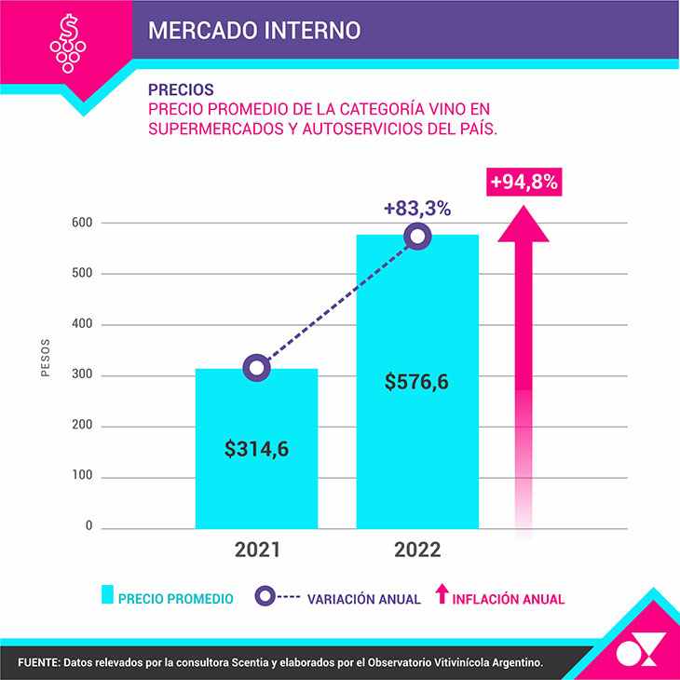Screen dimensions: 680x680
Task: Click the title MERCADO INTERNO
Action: coord(253,29)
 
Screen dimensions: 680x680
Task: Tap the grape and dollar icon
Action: coord(68,42)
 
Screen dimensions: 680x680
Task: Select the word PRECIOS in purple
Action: coord(181,90)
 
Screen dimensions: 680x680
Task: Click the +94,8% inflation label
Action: coord(524,183)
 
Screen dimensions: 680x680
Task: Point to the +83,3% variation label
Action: coord(416,210)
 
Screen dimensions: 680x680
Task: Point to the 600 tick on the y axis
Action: coord(82,223)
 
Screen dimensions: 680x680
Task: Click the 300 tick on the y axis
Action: coord(82,375)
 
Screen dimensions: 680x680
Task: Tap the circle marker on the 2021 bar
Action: coord(257,368)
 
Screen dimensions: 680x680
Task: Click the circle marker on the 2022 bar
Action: coord(417,237)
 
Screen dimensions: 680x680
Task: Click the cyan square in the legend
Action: coord(107,596)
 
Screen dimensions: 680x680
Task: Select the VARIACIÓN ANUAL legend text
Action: coord(364,599)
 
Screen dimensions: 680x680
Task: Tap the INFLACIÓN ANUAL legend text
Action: coord(509,599)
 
